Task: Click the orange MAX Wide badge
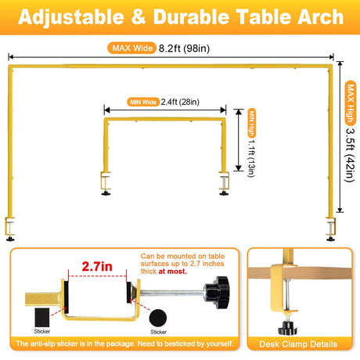pyautogui.click(x=131, y=48)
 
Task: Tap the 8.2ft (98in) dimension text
pyautogui.click(x=184, y=49)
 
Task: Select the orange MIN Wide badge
pyautogui.click(x=143, y=102)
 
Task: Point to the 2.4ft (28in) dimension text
pyautogui.click(x=180, y=102)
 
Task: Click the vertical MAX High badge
pyautogui.click(x=351, y=103)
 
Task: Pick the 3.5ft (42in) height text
pyautogui.click(x=350, y=155)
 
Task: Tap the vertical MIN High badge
pyautogui.click(x=252, y=123)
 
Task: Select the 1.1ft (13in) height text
pyautogui.click(x=251, y=158)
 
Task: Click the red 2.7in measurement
pyautogui.click(x=97, y=266)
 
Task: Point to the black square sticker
pyautogui.click(x=42, y=318)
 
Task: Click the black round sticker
pyautogui.click(x=158, y=318)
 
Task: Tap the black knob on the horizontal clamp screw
pyautogui.click(x=217, y=292)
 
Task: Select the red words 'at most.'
pyautogui.click(x=173, y=272)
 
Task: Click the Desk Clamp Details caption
pyautogui.click(x=298, y=344)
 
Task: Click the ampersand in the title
pyautogui.click(x=139, y=17)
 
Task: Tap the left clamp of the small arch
pyautogui.click(x=106, y=183)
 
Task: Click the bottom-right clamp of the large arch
pyautogui.click(x=330, y=229)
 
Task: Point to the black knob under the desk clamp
pyautogui.click(x=287, y=328)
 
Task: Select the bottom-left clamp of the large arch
pyautogui.click(x=9, y=229)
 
